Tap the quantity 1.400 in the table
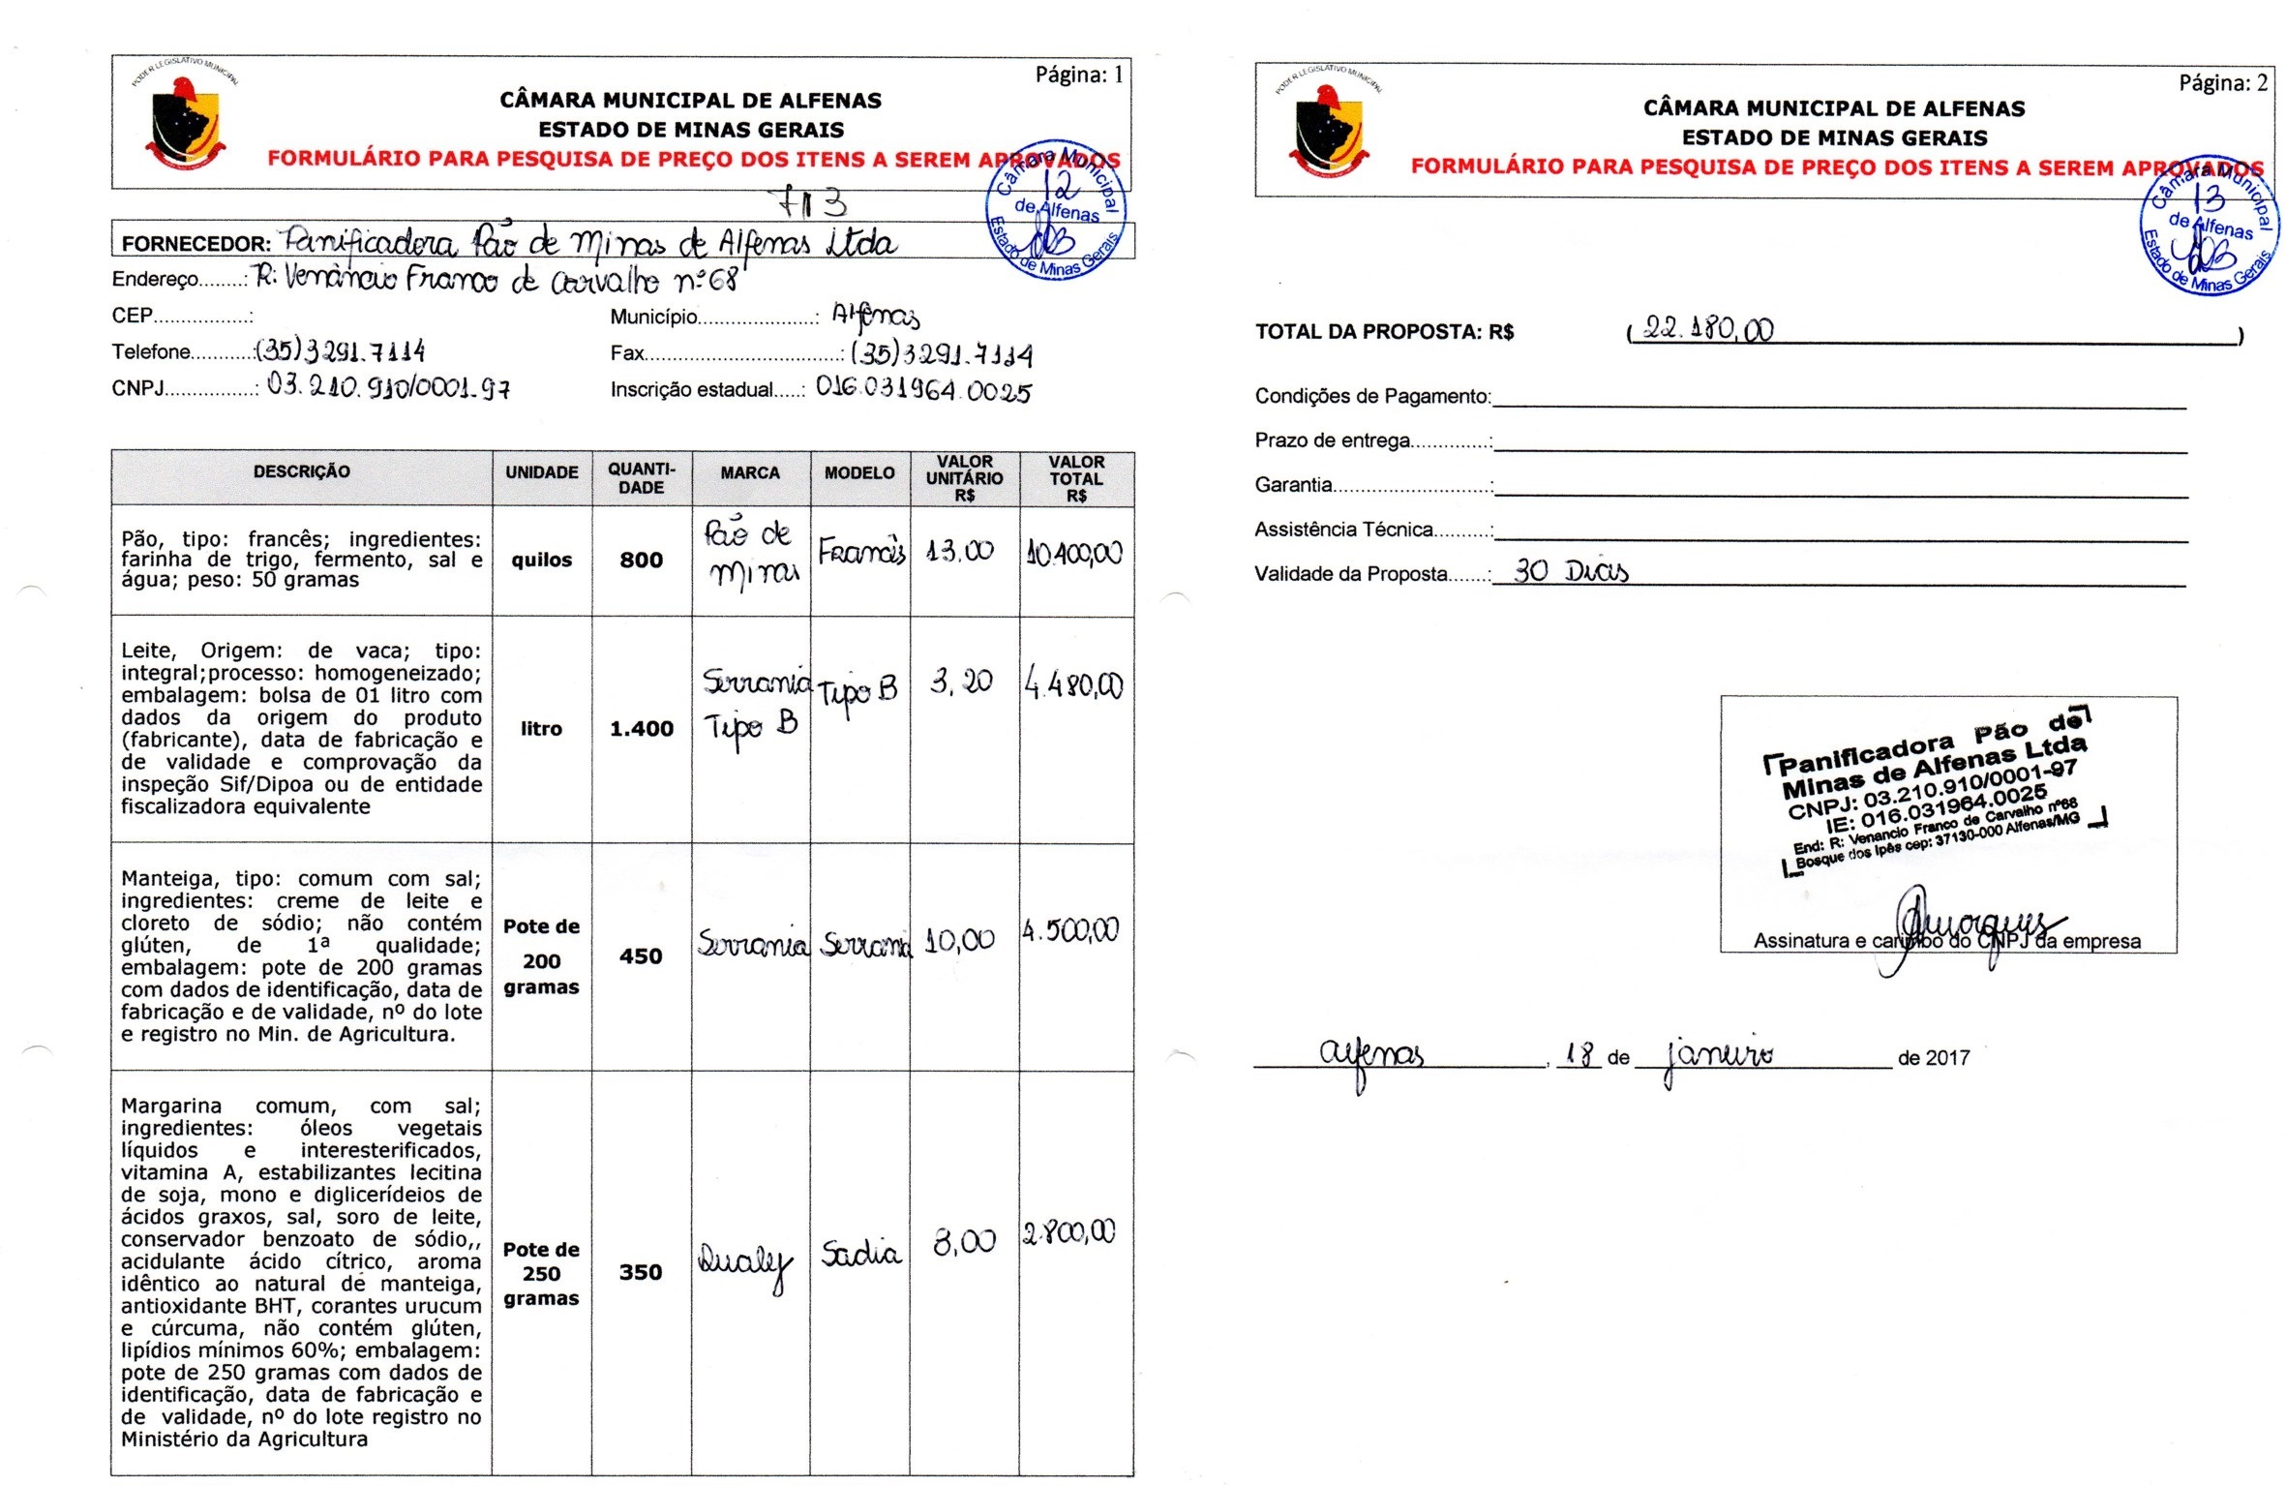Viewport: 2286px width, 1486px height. [641, 729]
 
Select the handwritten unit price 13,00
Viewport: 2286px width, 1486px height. [959, 551]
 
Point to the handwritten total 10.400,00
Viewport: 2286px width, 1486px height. [1074, 553]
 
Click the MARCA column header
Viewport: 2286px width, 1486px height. [750, 472]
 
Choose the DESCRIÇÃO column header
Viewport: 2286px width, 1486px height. [301, 471]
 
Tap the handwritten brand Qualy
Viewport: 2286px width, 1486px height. [744, 1262]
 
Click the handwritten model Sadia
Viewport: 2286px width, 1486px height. [860, 1253]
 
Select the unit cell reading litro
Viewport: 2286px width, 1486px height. [541, 729]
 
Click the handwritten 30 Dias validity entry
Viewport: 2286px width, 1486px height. [1570, 571]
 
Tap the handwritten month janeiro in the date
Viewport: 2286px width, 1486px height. [1719, 1055]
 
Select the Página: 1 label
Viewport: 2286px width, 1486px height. [1078, 75]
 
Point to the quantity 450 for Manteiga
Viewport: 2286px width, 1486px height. [641, 956]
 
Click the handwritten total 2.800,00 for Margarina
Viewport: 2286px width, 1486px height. [1069, 1232]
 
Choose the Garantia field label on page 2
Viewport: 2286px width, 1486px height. [1294, 485]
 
